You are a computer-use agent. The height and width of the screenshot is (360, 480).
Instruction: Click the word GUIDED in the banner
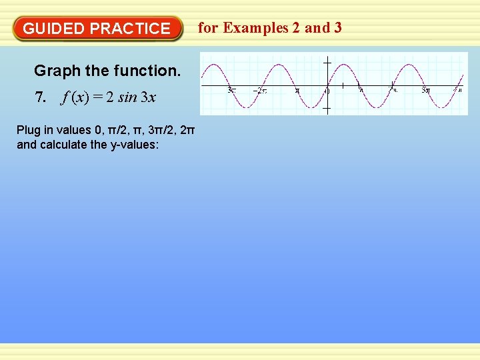[53, 29]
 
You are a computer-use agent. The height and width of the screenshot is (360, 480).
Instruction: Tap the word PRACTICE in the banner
[130, 29]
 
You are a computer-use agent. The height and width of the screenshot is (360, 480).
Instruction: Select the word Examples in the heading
[256, 28]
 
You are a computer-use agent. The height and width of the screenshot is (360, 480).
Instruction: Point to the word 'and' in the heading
[317, 28]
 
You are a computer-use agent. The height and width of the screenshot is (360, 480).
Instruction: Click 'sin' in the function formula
[129, 97]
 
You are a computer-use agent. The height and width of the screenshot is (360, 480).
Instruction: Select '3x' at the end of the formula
[148, 97]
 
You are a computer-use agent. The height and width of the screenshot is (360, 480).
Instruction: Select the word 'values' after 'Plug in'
[71, 130]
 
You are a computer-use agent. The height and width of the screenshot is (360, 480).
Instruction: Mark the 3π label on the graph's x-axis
[425, 90]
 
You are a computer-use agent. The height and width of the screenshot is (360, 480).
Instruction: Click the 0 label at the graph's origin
[327, 91]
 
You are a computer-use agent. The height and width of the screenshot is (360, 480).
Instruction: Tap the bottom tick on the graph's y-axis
[327, 109]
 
